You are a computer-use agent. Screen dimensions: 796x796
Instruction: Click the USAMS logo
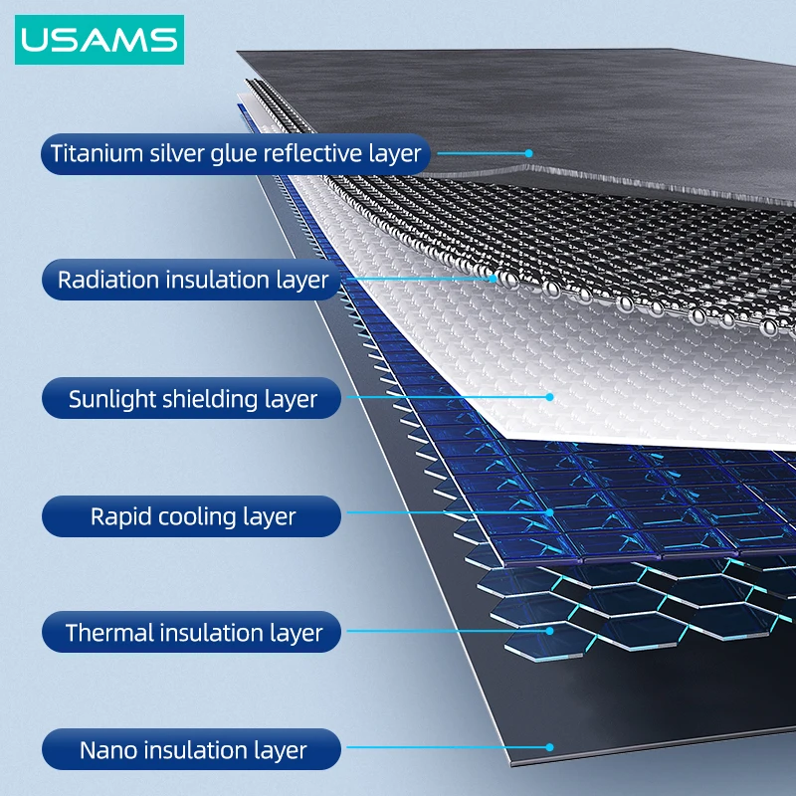point(99,40)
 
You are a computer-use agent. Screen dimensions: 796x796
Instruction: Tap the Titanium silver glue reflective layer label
point(236,154)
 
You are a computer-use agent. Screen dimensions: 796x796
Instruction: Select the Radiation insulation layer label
point(192,280)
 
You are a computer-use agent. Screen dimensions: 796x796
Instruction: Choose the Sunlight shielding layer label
point(192,399)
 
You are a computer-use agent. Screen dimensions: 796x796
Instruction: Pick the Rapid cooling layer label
point(192,516)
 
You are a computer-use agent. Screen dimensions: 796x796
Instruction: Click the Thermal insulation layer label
point(192,633)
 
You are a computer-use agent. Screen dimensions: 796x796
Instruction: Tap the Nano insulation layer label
point(192,750)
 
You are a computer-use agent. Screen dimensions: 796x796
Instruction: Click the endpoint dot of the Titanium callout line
point(530,153)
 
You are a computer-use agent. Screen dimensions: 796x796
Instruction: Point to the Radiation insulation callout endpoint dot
point(495,279)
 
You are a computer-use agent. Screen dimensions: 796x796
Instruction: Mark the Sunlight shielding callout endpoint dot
point(549,397)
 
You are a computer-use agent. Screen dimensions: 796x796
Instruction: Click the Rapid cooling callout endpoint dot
point(548,513)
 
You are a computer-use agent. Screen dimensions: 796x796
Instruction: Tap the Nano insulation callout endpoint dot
point(550,745)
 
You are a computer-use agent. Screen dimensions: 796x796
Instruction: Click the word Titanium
point(93,154)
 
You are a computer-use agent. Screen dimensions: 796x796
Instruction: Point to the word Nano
point(106,750)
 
